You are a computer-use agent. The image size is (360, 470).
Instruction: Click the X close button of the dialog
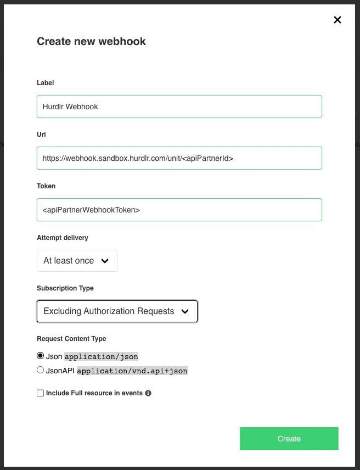click(x=337, y=20)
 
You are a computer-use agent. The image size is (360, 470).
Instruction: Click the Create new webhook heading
click(x=91, y=41)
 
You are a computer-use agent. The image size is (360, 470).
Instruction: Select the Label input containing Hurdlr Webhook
click(x=179, y=107)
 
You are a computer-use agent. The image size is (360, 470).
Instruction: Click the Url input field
click(x=179, y=158)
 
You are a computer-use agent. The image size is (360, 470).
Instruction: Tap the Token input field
click(x=179, y=210)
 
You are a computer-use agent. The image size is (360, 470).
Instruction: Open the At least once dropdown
click(x=77, y=261)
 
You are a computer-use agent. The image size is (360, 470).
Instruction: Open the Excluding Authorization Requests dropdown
click(x=117, y=311)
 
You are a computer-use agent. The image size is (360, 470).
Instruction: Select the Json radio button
click(x=40, y=356)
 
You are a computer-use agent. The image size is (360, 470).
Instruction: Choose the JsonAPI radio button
click(x=40, y=370)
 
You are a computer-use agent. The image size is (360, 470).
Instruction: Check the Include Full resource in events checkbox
click(x=40, y=393)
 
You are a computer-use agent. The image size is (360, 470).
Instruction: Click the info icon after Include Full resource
click(x=148, y=393)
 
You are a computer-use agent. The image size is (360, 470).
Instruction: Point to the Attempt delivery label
click(x=63, y=238)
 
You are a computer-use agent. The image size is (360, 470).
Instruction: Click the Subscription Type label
click(x=65, y=288)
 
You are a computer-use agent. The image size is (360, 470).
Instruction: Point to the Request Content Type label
click(x=71, y=339)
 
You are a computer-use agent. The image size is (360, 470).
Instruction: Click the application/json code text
click(x=102, y=357)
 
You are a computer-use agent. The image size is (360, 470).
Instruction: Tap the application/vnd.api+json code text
click(x=132, y=371)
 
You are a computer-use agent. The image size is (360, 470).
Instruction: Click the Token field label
click(x=46, y=186)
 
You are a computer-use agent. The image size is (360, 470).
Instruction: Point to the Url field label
click(x=41, y=134)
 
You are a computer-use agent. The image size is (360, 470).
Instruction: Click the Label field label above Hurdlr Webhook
click(x=45, y=83)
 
